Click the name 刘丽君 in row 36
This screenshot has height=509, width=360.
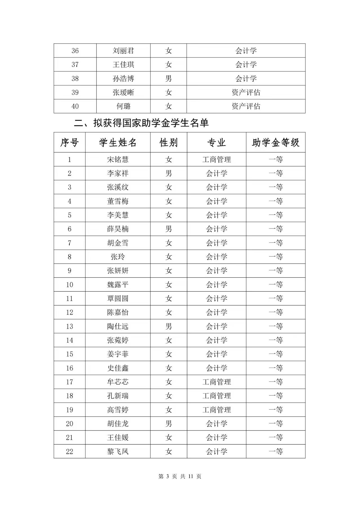pos(123,51)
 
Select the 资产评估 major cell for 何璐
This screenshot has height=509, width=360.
pos(246,106)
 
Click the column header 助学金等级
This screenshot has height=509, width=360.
pos(276,143)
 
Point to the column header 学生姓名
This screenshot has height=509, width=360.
pos(118,143)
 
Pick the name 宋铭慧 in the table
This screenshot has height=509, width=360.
pos(118,160)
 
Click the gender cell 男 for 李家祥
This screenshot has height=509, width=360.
pos(169,173)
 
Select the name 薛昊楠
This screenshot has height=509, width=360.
pos(118,229)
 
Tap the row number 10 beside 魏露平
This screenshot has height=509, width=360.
pos(70,285)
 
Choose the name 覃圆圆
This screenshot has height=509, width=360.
pos(118,299)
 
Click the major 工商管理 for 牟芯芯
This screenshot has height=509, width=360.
pos(216,382)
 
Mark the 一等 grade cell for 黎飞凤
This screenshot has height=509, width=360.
pos(276,452)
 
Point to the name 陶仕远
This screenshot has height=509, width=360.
pos(118,326)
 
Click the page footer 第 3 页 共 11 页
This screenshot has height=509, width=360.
pos(180,476)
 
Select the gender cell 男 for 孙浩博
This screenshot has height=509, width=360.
pos(169,79)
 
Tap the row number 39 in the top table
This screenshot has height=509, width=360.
pos(75,93)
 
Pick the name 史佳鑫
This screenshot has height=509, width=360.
pos(118,368)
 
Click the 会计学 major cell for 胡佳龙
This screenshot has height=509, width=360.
pos(216,424)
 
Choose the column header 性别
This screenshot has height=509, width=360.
pos(169,143)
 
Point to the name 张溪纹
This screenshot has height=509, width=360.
pos(118,187)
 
